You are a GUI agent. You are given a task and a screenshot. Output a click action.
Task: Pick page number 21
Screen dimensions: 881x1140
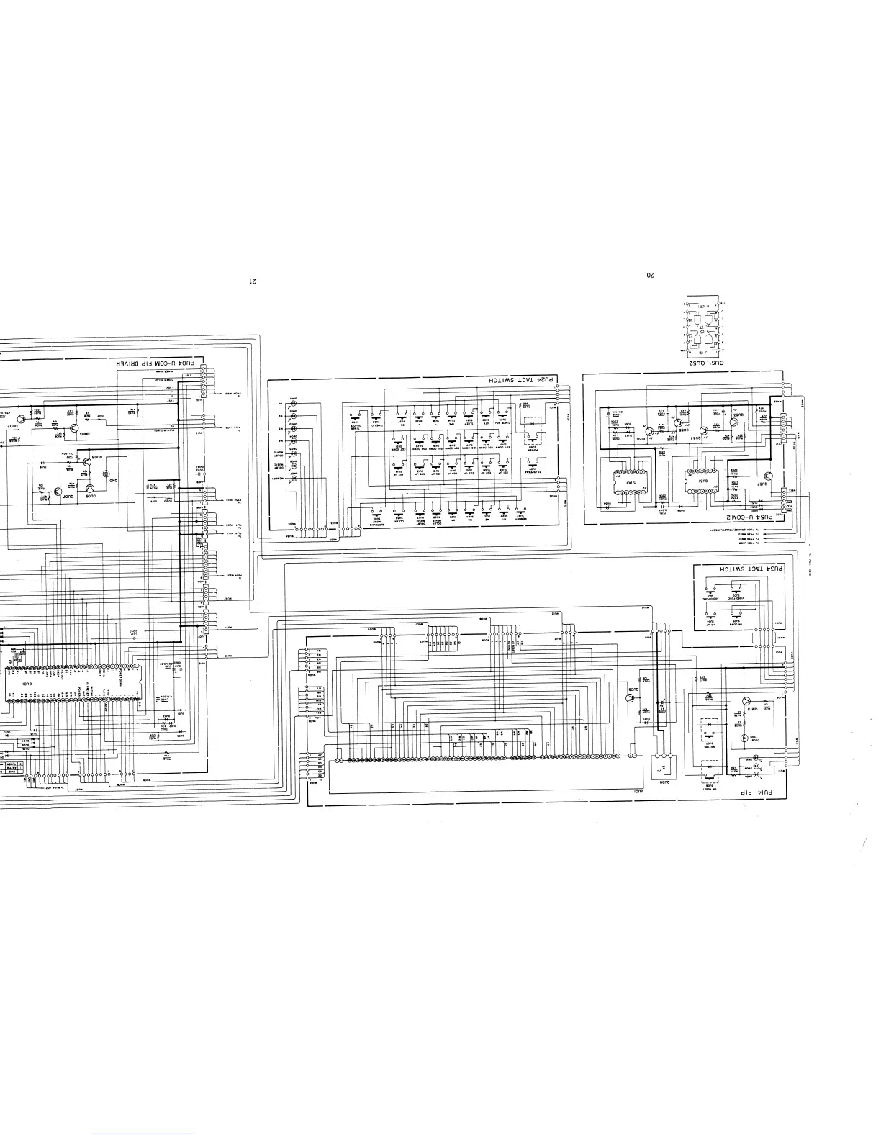pyautogui.click(x=252, y=280)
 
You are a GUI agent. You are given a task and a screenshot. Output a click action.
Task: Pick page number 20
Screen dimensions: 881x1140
pyautogui.click(x=650, y=275)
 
